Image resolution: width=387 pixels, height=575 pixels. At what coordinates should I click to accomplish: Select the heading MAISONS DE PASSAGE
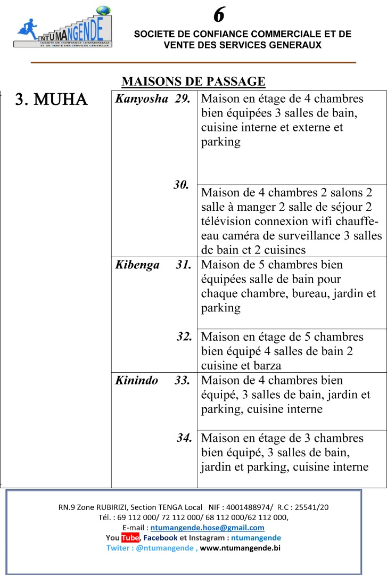(x=193, y=81)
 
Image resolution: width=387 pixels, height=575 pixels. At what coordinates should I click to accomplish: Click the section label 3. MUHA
(x=51, y=100)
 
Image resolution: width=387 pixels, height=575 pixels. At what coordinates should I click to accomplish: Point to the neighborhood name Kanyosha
(x=142, y=99)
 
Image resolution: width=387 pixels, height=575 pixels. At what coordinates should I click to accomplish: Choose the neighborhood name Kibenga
(x=137, y=265)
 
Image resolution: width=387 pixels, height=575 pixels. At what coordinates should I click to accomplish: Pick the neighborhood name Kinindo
(x=137, y=380)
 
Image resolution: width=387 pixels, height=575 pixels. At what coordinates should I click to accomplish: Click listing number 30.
(x=181, y=185)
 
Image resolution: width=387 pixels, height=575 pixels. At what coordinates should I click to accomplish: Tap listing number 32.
(x=184, y=336)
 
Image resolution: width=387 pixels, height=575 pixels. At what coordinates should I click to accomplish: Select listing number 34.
(x=184, y=438)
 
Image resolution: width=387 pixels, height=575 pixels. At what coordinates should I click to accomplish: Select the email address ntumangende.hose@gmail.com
(x=207, y=528)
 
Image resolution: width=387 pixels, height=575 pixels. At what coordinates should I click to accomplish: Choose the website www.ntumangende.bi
(x=240, y=547)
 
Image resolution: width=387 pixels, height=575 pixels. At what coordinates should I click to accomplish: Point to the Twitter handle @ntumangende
(x=164, y=547)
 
